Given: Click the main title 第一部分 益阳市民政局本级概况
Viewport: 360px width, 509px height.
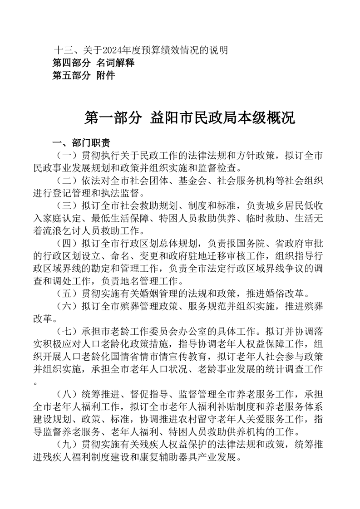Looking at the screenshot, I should coord(190,118).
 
